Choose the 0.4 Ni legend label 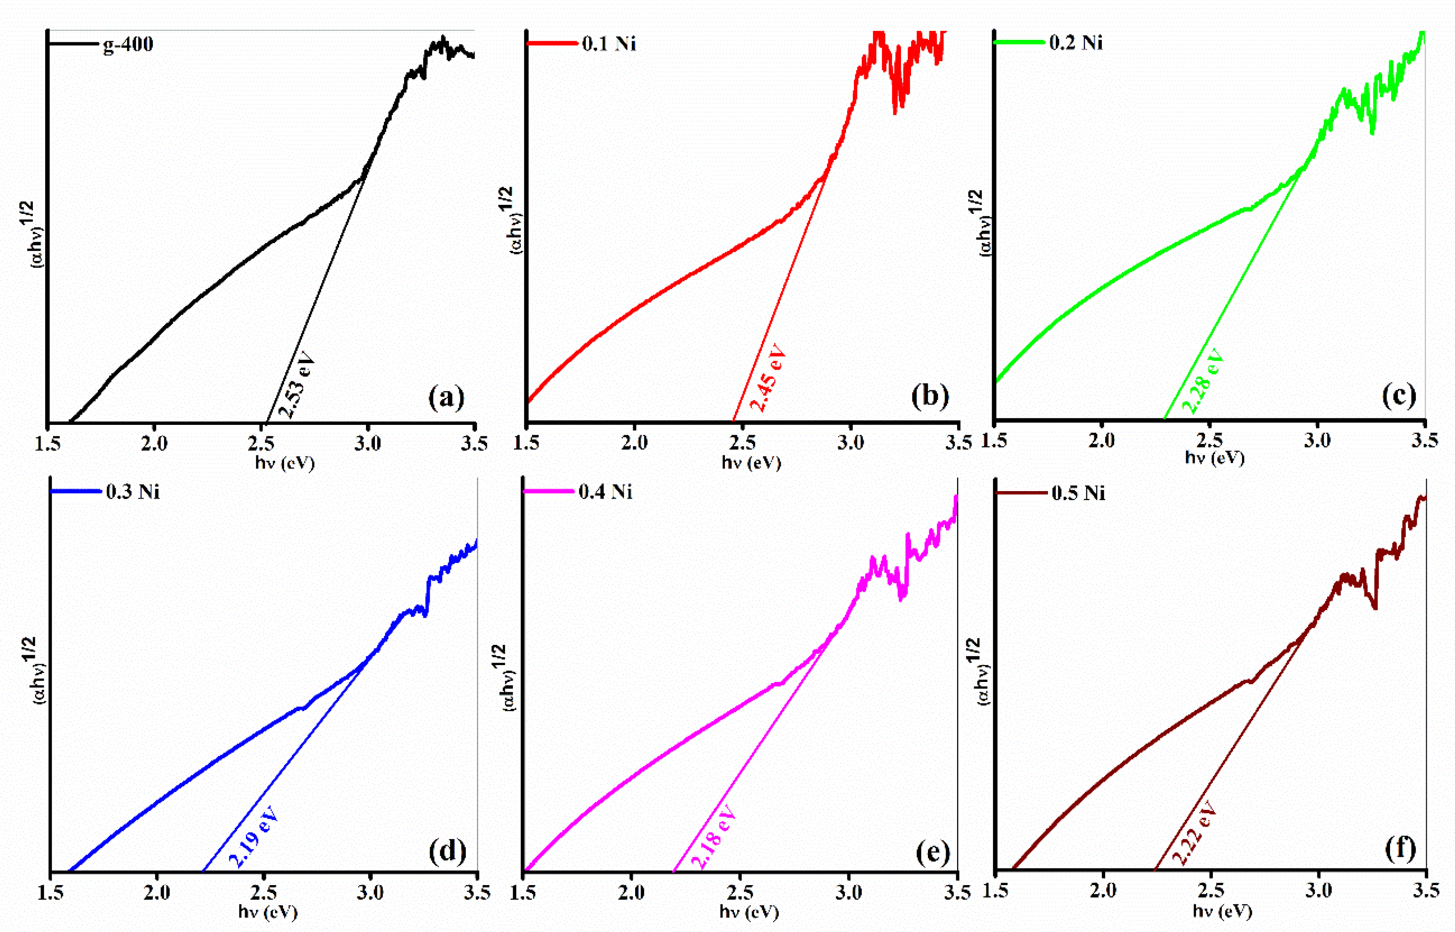point(605,492)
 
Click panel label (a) point(446,398)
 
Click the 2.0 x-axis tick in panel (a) point(154,444)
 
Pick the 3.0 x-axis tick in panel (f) point(1318,890)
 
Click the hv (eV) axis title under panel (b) point(751,463)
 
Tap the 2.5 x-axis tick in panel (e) point(739,892)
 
